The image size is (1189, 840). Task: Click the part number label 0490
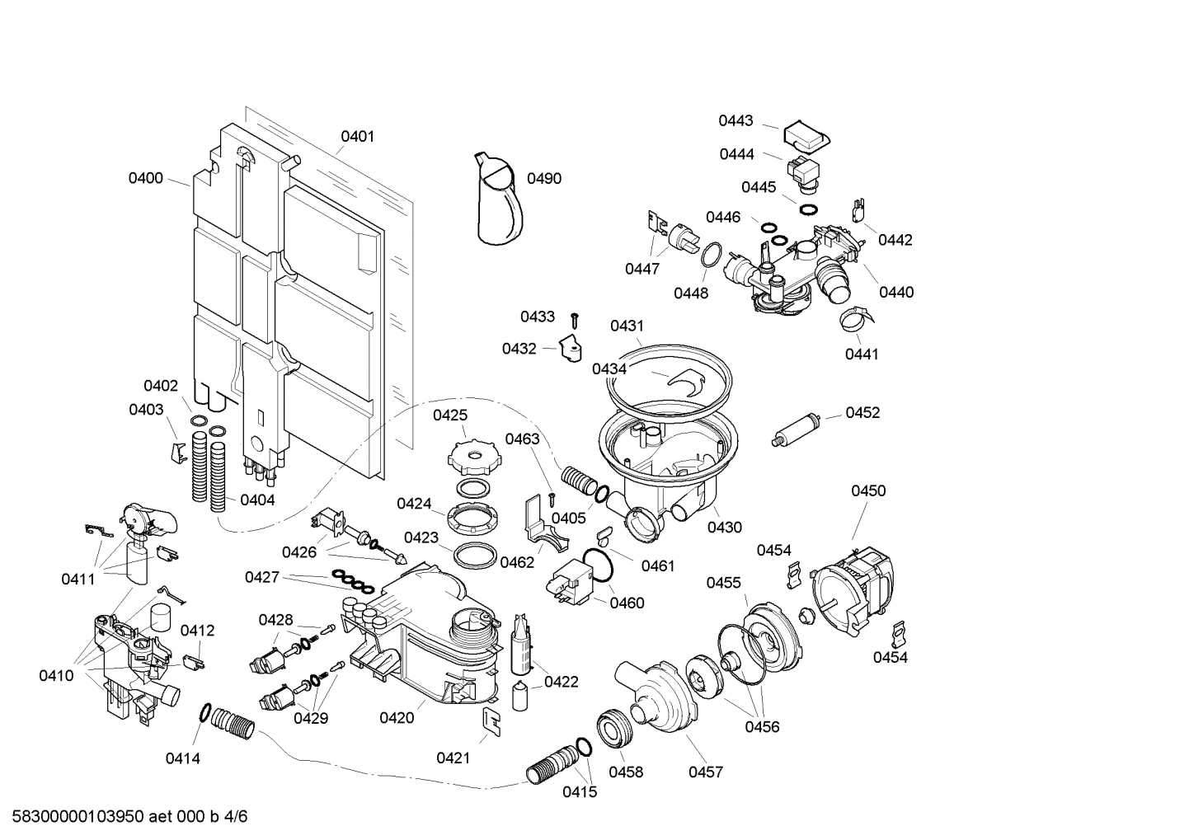coord(543,179)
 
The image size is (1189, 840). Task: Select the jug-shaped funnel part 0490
coord(499,199)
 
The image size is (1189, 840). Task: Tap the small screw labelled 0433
coord(576,319)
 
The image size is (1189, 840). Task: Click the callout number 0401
coord(358,136)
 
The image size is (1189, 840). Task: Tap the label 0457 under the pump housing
coord(706,772)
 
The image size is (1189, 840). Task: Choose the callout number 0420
coord(397,718)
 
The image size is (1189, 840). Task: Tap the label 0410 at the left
coord(56,676)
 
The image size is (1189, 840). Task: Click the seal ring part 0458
coord(615,728)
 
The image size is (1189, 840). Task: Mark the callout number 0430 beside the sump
coord(724,528)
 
